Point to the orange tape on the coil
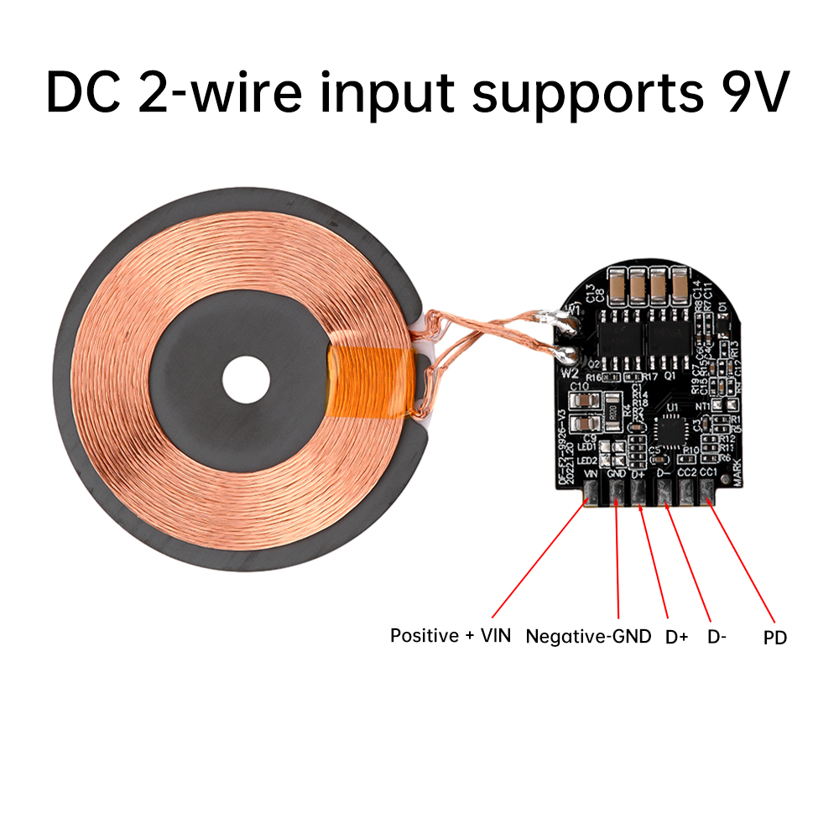click(x=369, y=382)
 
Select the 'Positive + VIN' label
click(x=450, y=635)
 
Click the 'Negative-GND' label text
click(x=588, y=636)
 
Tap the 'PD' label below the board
click(x=775, y=638)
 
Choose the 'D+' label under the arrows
click(x=676, y=637)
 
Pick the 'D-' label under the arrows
click(x=717, y=637)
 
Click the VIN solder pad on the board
click(x=591, y=497)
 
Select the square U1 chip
click(x=672, y=429)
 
